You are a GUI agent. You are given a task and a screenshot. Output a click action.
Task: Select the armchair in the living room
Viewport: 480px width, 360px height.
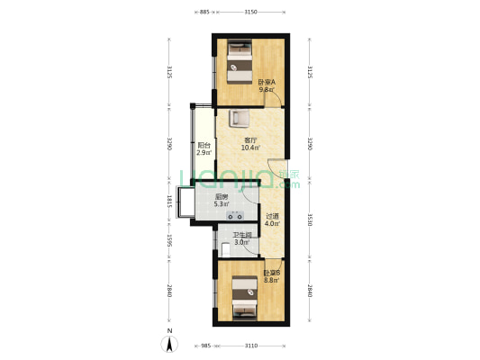tap(240, 119)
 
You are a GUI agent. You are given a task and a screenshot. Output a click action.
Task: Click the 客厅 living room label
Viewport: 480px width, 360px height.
tap(251, 140)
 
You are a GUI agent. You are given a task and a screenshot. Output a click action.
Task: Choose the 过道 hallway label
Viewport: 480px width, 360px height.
tap(272, 216)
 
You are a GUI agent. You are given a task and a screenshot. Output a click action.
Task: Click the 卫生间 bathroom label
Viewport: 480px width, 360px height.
tap(241, 235)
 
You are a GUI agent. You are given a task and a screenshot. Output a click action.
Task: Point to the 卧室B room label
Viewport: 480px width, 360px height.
tap(271, 273)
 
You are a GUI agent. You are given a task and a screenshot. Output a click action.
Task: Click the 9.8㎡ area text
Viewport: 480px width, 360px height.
tap(267, 90)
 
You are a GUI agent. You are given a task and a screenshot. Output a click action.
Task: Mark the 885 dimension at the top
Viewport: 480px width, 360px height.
tap(205, 13)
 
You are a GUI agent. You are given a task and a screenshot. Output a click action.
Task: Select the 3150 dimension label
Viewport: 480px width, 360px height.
tap(250, 13)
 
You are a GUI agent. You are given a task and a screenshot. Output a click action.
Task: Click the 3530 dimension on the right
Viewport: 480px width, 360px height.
tap(309, 218)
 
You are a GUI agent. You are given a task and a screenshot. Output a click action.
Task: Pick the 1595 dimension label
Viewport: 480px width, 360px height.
tap(169, 241)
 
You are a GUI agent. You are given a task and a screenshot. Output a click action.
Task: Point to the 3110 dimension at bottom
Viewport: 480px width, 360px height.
tap(251, 346)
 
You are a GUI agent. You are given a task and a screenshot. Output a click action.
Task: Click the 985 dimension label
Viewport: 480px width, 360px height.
tap(205, 346)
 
